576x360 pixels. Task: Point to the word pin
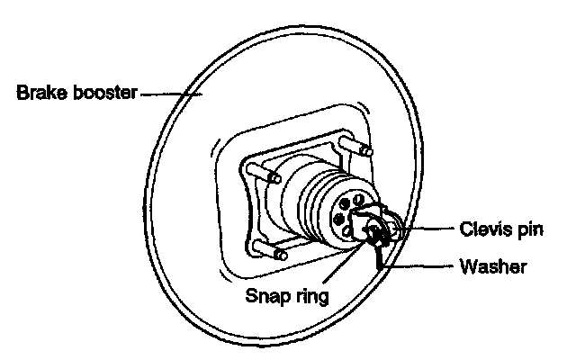531,229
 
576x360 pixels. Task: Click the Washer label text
493,266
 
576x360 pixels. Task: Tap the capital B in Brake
22,92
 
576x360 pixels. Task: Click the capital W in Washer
467,266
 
